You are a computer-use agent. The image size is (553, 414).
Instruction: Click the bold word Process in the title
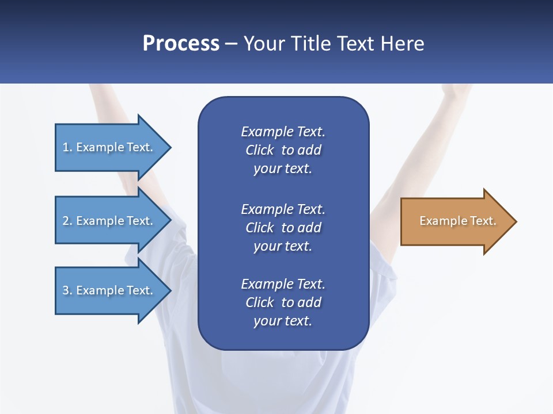point(181,44)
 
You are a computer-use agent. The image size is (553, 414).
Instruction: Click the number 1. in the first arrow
point(67,147)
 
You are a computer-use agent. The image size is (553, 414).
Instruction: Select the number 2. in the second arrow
point(67,221)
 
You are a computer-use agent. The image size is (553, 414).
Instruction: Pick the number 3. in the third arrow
point(67,290)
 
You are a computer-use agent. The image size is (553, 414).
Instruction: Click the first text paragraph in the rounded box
point(283,150)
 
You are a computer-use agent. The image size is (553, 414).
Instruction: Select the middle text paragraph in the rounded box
point(283,227)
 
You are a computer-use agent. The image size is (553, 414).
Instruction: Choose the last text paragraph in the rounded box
point(283,302)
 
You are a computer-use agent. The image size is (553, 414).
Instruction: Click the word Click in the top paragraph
point(259,150)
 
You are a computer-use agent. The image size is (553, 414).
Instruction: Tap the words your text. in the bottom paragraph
point(283,321)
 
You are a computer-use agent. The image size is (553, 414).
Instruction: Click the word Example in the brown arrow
point(439,221)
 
